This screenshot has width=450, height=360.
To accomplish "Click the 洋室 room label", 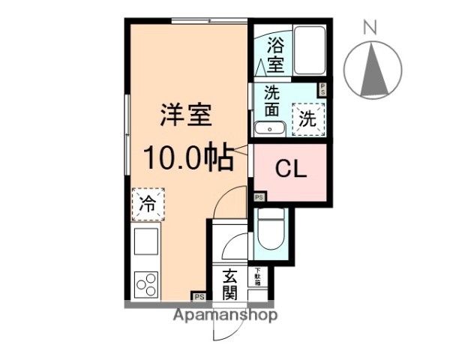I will coord(185,115).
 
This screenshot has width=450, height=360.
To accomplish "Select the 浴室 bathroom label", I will coord(275,54).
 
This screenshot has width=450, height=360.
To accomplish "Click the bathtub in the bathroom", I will coord(308,51).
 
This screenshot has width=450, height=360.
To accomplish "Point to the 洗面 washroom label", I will coord(272,102).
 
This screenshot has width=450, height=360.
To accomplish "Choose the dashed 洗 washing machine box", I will coord(308,118).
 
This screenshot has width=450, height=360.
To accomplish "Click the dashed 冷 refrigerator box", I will coord(148,203).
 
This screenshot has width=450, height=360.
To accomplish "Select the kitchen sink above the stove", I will coord(147,242).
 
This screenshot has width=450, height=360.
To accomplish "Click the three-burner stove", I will coord(147,284).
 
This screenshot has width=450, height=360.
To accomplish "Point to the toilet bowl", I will coord(271,232).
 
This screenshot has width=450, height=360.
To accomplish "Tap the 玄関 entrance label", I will coord(230,283).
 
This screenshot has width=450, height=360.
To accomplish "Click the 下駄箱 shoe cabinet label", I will coord(257,277).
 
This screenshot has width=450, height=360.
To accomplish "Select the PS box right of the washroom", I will coord(323,89).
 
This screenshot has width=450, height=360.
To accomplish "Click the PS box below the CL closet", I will coord(259,198).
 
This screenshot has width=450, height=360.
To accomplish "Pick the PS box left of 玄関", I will coord(199,297).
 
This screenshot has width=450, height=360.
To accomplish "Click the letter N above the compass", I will coord(370,28).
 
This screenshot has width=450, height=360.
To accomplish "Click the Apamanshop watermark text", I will coord(225,315).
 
